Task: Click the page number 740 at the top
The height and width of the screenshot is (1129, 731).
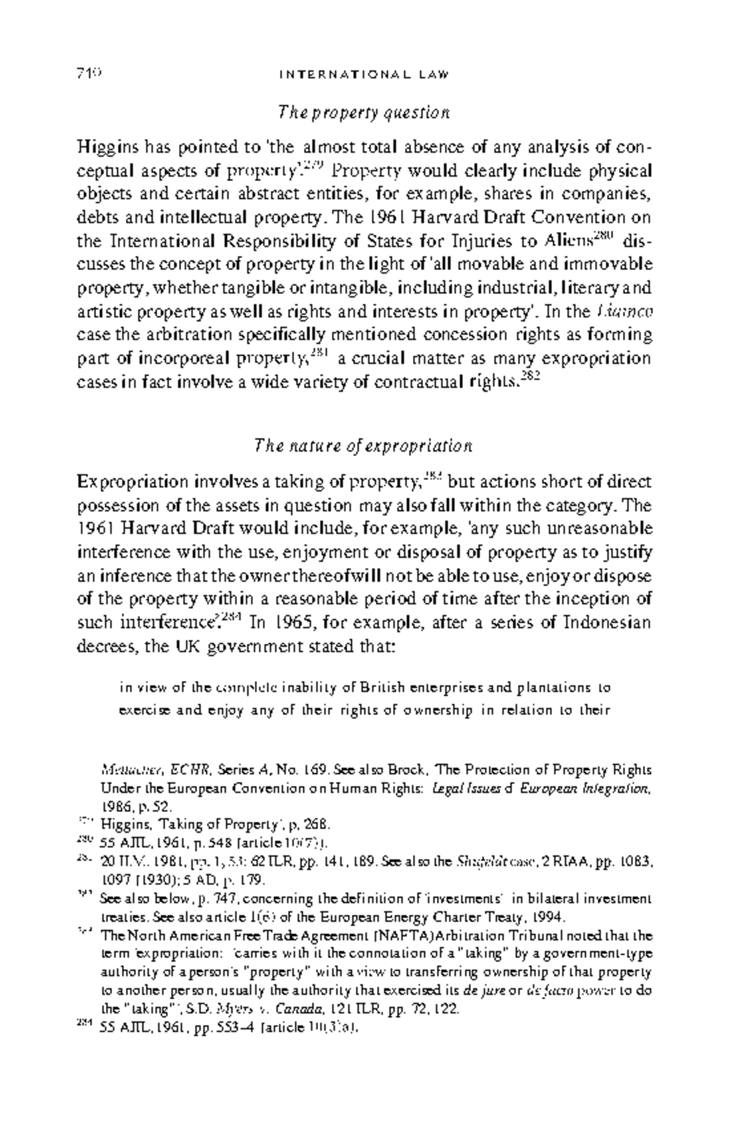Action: (89, 74)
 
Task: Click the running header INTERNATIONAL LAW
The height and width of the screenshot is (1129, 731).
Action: (364, 75)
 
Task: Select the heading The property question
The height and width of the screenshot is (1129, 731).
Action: (364, 113)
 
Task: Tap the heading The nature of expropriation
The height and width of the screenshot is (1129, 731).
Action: (363, 446)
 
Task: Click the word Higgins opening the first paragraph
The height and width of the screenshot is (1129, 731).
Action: (106, 148)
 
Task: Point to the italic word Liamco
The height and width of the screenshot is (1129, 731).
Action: (625, 312)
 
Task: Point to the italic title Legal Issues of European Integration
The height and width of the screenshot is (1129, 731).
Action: (541, 789)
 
